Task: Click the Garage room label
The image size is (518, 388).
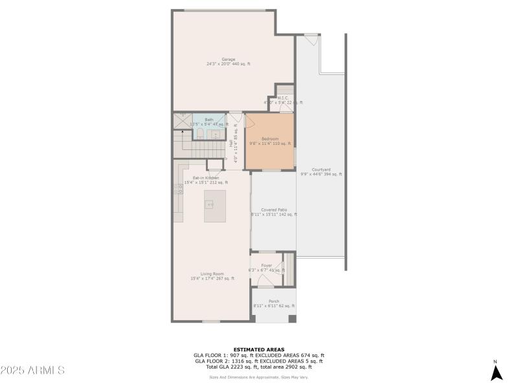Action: click(x=229, y=59)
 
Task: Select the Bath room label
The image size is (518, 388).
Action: click(x=208, y=120)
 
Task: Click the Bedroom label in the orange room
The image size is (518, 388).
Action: click(x=270, y=139)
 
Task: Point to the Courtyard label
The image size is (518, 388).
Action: click(x=321, y=170)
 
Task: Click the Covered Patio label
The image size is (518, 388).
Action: click(x=274, y=210)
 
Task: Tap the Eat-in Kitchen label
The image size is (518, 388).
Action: click(x=205, y=178)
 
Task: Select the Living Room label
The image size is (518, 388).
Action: click(x=212, y=274)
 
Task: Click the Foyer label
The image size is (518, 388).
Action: click(x=266, y=265)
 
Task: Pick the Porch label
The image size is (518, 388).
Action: click(x=274, y=301)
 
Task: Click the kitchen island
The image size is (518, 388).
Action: click(x=215, y=206)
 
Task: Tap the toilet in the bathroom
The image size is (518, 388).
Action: click(x=200, y=133)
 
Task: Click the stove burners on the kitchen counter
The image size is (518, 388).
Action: click(x=178, y=188)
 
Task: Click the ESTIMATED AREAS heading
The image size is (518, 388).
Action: click(x=258, y=349)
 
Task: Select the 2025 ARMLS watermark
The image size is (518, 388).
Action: click(x=32, y=371)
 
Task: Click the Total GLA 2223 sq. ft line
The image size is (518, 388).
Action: click(x=258, y=367)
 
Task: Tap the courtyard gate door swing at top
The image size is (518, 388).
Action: click(x=311, y=39)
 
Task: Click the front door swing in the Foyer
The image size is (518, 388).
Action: click(x=265, y=281)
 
